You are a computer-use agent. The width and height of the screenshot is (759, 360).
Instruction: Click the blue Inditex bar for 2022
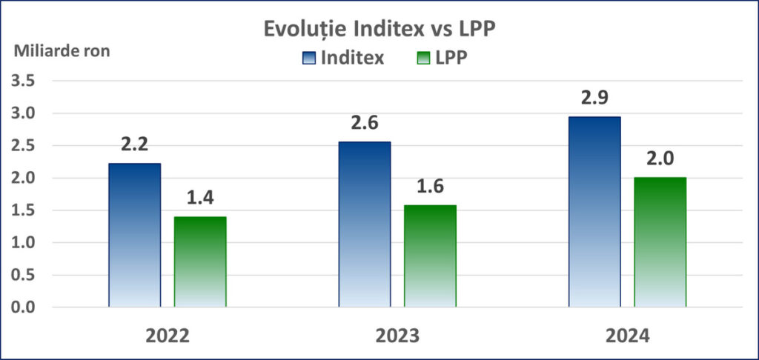coord(134,235)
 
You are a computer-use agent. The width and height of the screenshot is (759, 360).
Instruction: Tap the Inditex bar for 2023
coord(364,224)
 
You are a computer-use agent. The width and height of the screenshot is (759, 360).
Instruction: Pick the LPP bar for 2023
coord(430,256)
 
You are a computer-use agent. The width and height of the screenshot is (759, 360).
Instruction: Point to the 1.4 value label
coord(200,199)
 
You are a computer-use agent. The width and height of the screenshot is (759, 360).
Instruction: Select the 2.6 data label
coord(364,124)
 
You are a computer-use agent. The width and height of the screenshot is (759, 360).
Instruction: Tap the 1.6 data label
coord(430,187)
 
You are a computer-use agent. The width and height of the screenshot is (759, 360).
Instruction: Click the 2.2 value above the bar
coord(134,146)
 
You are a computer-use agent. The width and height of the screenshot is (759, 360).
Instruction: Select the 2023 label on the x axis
coord(397,336)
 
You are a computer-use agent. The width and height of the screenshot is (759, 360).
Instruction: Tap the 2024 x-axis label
coord(626,336)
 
